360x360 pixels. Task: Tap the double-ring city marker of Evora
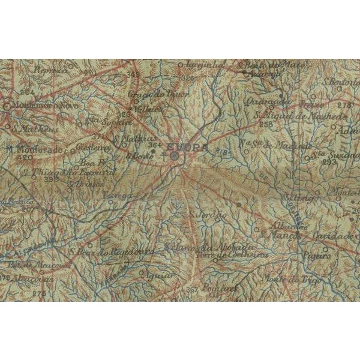coord(174,156)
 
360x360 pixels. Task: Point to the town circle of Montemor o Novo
coord(7,106)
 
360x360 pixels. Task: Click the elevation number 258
coord(266,124)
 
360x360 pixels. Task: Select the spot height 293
coord(329,162)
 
